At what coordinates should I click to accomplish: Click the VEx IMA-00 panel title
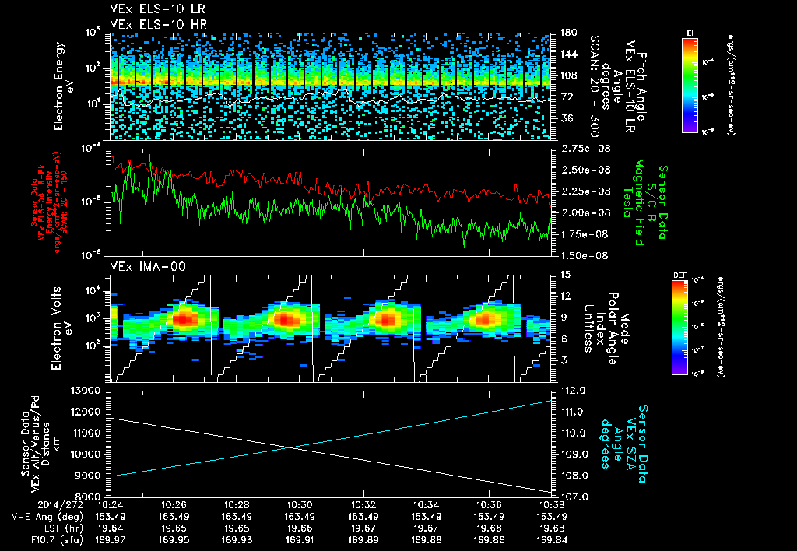[x=135, y=266]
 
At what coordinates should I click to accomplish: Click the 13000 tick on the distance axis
[x=86, y=390]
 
